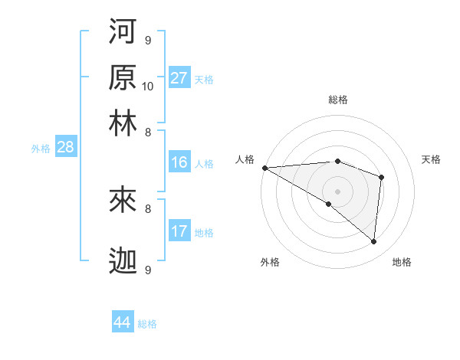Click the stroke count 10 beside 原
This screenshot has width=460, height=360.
point(148,86)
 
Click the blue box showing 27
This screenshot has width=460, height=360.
point(179,78)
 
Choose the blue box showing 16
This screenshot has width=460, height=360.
point(179,162)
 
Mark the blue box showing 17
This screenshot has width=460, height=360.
point(179,231)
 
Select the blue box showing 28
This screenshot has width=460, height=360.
point(64,147)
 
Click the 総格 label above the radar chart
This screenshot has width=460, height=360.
point(338,100)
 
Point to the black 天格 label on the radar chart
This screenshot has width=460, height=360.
point(432,159)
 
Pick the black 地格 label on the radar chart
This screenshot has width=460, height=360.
point(402,262)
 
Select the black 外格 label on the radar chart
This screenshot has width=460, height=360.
point(270,262)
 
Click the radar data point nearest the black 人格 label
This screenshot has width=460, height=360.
point(264,167)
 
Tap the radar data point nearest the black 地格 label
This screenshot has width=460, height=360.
point(373,241)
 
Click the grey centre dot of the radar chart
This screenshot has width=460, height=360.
point(337,190)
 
